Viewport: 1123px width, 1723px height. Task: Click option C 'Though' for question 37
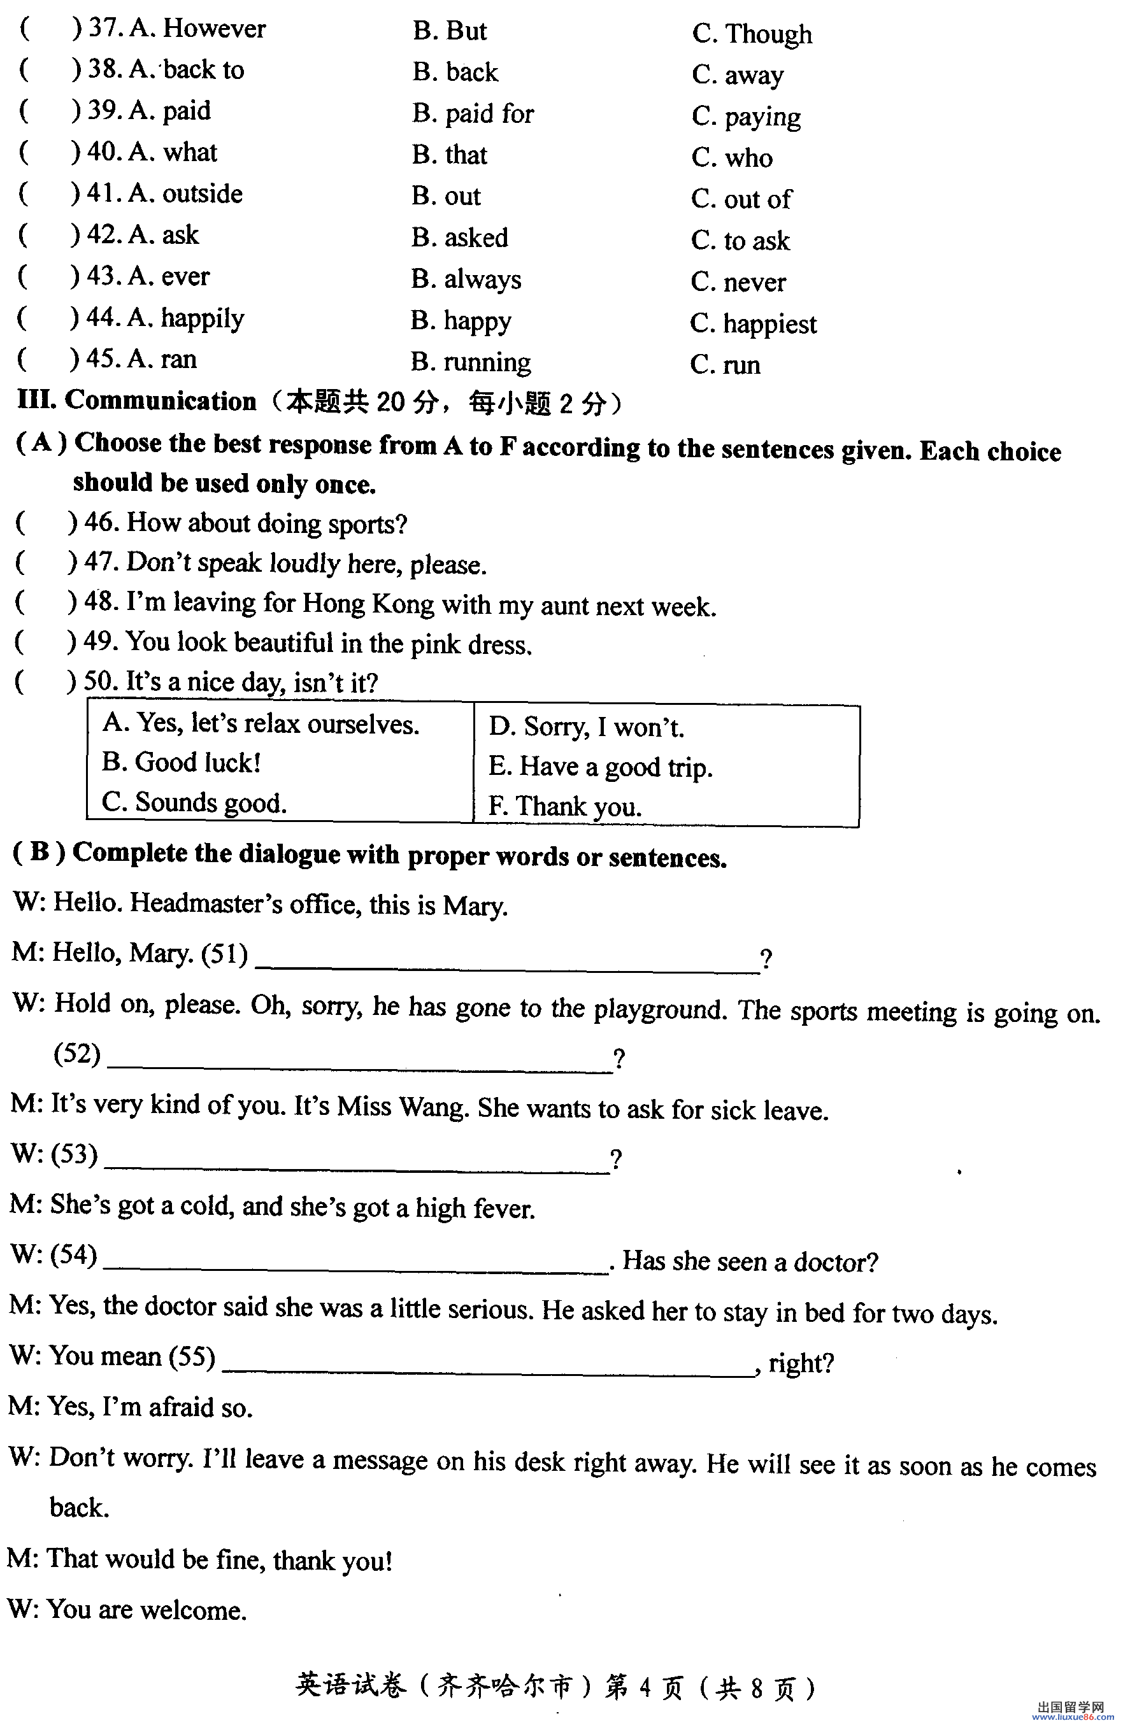point(752,33)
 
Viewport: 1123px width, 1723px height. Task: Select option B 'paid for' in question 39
point(473,114)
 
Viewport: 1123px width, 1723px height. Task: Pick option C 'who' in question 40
point(731,158)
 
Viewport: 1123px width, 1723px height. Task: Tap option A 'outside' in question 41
point(185,194)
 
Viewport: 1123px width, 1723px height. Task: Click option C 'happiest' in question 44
point(753,323)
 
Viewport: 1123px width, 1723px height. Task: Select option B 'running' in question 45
point(471,362)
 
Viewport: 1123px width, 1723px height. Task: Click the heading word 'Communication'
point(160,401)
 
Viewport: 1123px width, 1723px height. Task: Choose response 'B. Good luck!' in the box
point(181,762)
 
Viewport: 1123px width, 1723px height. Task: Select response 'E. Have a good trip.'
point(600,767)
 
